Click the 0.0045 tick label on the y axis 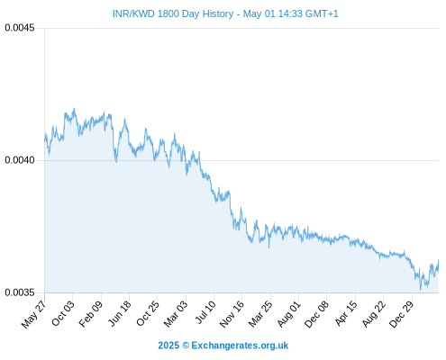click(x=20, y=28)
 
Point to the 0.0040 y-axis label click(x=20, y=160)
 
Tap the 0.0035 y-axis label click(x=20, y=292)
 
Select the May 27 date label click(x=33, y=314)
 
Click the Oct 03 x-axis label click(x=62, y=313)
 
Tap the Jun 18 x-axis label click(x=120, y=313)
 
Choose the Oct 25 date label click(x=147, y=313)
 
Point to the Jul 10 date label click(x=205, y=312)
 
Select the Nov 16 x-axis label click(x=232, y=314)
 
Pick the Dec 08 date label click(x=316, y=314)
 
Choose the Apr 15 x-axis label click(x=346, y=313)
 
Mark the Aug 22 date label click(x=374, y=314)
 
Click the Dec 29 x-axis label click(x=401, y=314)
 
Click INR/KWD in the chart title click(x=133, y=13)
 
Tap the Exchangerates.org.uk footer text click(x=240, y=346)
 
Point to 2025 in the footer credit click(x=168, y=346)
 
